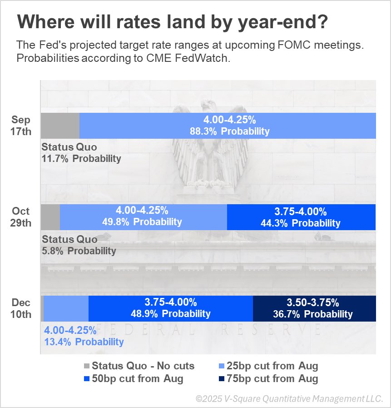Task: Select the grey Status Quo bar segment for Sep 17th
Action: [x=60, y=126]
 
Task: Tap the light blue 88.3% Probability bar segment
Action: [x=228, y=126]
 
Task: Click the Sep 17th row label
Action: [x=21, y=126]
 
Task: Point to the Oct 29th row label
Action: [x=21, y=217]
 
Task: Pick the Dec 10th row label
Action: [x=21, y=308]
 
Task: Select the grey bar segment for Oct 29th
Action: [x=50, y=217]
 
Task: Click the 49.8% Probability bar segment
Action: [x=143, y=217]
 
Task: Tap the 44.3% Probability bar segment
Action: [x=301, y=217]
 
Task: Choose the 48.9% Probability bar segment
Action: [x=170, y=308]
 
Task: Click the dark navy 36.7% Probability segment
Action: [x=314, y=308]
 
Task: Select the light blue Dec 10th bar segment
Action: [x=66, y=308]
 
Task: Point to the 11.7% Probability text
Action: [x=81, y=159]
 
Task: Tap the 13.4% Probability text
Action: [x=84, y=342]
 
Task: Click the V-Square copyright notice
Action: [x=289, y=398]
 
